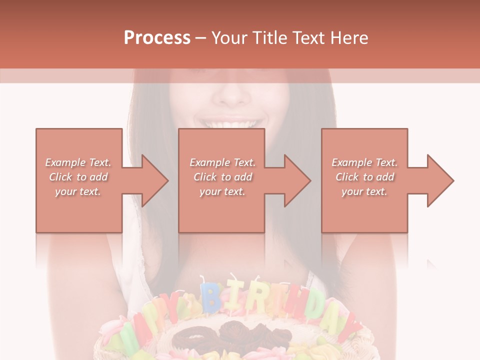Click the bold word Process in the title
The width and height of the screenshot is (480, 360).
157,38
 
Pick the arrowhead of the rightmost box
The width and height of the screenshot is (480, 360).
439,180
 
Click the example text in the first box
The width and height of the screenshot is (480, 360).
78,176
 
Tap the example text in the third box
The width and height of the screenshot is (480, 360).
364,176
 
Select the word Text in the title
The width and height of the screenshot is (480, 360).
309,38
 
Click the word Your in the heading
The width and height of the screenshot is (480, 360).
229,38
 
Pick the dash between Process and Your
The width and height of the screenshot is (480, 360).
201,38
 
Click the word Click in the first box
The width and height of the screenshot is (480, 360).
60,176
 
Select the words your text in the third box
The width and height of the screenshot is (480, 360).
364,191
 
